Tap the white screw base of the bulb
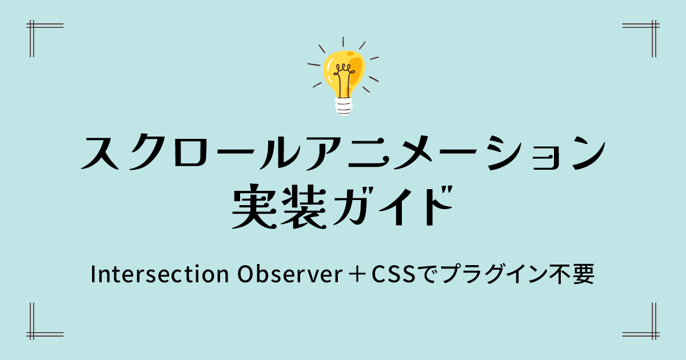pos(344,106)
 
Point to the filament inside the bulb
pos(344,79)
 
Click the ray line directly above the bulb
pos(343,42)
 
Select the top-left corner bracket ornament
pos(32,26)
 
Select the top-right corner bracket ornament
pos(653,26)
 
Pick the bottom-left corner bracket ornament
pos(32,334)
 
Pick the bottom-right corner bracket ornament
pos(653,334)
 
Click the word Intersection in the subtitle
pos(160,274)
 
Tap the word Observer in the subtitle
pos(290,274)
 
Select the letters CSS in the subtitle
pos(393,274)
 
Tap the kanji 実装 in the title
pos(279,207)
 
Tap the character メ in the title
pos(413,153)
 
